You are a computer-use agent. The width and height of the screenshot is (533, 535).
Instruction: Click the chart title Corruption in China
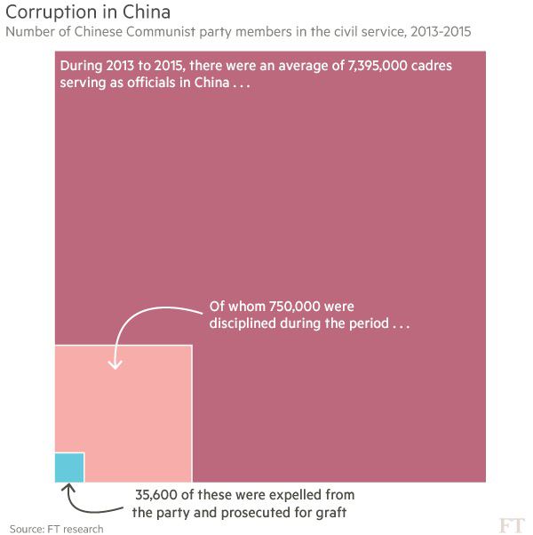point(88,13)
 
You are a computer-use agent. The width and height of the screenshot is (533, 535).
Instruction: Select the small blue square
point(69,467)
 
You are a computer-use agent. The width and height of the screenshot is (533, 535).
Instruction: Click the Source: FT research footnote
point(56,529)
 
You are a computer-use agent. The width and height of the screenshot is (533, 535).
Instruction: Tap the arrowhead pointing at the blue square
point(70,488)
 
